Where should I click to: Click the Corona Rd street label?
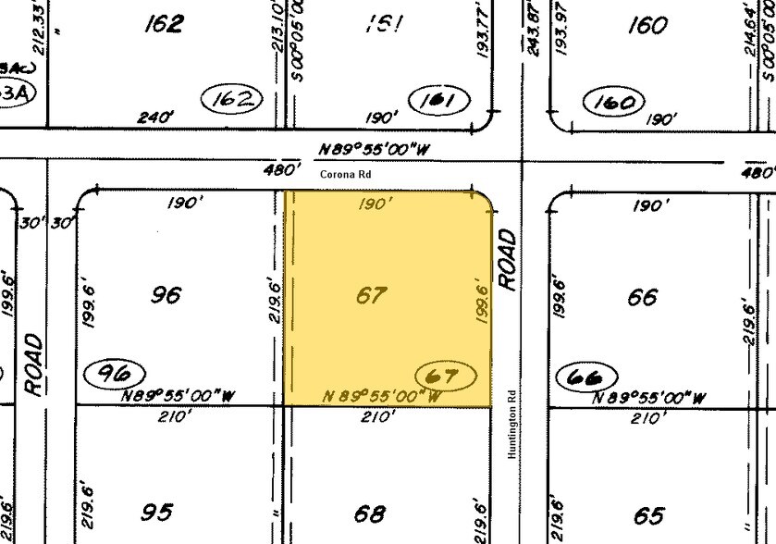click(339, 173)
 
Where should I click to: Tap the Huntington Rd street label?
click(511, 425)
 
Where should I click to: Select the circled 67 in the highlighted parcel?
click(446, 376)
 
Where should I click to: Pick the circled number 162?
click(231, 99)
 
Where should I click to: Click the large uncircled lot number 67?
click(370, 296)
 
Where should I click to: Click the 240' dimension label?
click(155, 117)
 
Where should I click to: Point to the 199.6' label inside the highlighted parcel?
click(479, 304)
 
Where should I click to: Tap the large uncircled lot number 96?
click(165, 296)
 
